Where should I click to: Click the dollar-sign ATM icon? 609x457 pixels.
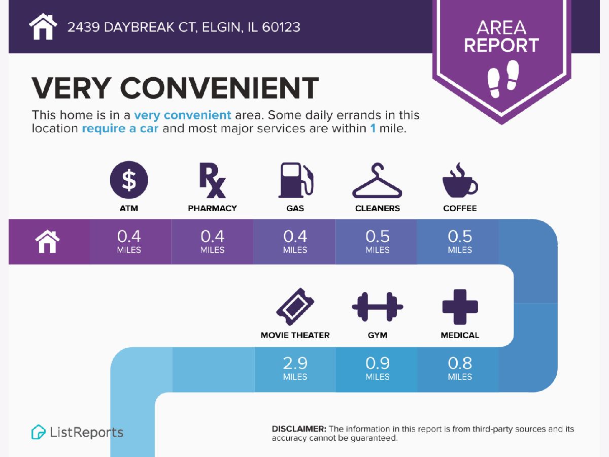[129, 180]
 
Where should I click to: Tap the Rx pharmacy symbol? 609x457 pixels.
[212, 180]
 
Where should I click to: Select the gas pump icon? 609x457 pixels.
[296, 180]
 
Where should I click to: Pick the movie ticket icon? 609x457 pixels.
[295, 307]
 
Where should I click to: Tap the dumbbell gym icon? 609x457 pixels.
[378, 307]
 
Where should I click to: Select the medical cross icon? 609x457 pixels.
[460, 307]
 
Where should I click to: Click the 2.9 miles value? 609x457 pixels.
[295, 368]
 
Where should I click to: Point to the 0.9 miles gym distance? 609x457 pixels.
[378, 368]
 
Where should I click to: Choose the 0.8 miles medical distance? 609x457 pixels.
[460, 368]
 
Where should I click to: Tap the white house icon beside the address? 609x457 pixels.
[43, 26]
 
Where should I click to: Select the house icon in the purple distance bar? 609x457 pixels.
[47, 241]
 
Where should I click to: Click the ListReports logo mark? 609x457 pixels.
[38, 432]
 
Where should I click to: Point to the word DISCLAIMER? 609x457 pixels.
[299, 429]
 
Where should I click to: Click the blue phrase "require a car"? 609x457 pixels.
[120, 128]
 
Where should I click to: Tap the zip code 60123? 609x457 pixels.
[281, 27]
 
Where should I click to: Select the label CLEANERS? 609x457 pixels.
[378, 208]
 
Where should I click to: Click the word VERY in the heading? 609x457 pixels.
[72, 88]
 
